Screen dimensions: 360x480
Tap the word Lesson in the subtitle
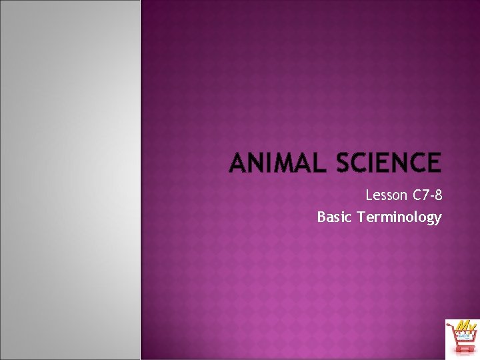pyautogui.click(x=385, y=196)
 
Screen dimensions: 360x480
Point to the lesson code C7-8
pyautogui.click(x=427, y=196)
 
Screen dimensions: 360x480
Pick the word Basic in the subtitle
pyautogui.click(x=335, y=217)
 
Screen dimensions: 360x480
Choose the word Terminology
pyautogui.click(x=399, y=217)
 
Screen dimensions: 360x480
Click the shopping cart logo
pyautogui.click(x=462, y=339)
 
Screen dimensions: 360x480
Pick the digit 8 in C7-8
pyautogui.click(x=437, y=196)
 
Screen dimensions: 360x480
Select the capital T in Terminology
pyautogui.click(x=361, y=217)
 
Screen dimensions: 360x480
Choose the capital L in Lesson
pyautogui.click(x=369, y=196)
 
